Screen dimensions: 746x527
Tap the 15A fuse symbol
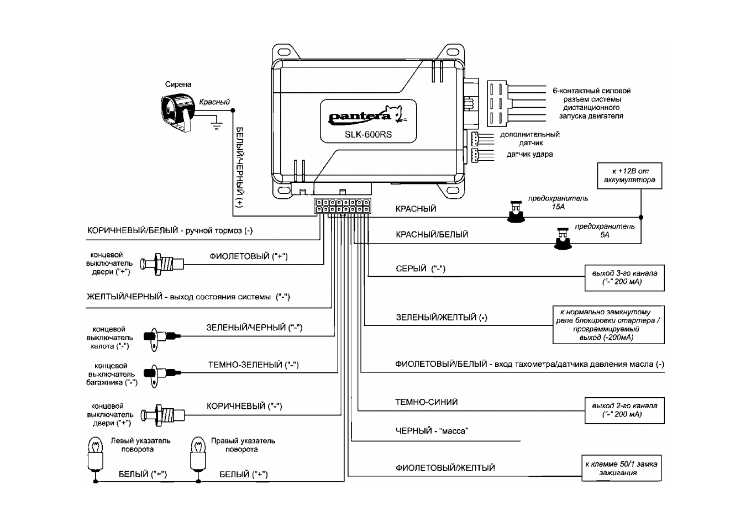[x=516, y=212]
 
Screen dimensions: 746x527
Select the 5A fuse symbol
[x=563, y=238]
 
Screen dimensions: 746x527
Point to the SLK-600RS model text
[x=368, y=134]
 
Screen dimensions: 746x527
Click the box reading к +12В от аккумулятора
[x=629, y=176]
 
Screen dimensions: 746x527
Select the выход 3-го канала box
[x=624, y=278]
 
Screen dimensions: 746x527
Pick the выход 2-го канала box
[x=624, y=410]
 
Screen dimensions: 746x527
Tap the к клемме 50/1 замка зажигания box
[x=622, y=468]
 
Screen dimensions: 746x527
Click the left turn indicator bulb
[x=95, y=453]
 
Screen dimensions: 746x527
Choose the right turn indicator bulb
[x=198, y=453]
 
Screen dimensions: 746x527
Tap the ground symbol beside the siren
[x=217, y=125]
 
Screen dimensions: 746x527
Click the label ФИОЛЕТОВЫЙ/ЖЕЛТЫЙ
[x=445, y=468]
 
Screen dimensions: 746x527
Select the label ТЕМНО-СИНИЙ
[x=426, y=402]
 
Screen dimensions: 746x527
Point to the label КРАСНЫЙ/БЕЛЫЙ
[x=432, y=234]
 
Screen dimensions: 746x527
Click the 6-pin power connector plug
[x=497, y=103]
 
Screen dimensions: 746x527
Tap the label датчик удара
[x=529, y=155]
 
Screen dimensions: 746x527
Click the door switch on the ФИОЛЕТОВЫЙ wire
[x=162, y=265]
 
